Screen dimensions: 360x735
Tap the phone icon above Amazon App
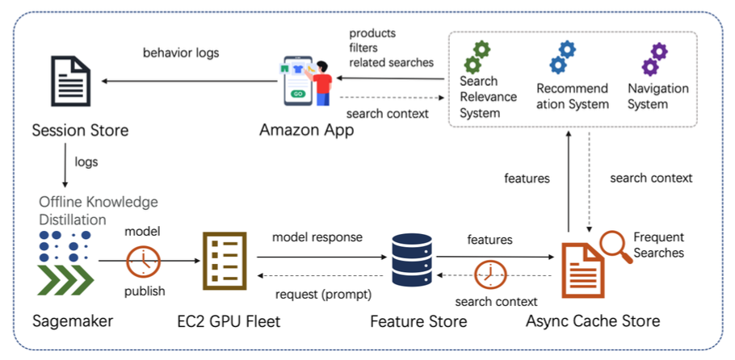298,81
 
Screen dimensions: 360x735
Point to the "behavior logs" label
182,53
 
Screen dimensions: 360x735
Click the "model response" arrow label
317,237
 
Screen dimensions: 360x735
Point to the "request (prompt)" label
317,294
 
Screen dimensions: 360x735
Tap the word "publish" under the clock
145,291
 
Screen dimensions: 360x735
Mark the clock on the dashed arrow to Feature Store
490,274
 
